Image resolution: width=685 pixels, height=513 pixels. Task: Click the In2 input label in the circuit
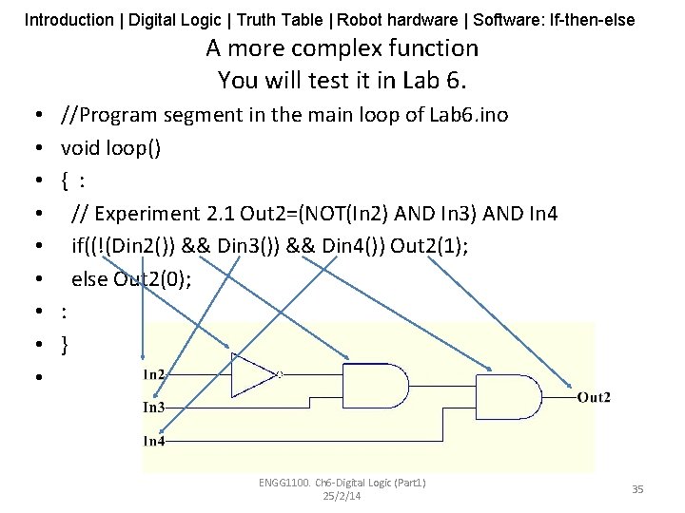point(154,374)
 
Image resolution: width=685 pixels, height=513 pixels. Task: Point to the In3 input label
point(154,408)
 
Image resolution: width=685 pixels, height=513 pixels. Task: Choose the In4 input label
point(154,441)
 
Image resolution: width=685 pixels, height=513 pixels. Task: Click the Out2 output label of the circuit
point(594,397)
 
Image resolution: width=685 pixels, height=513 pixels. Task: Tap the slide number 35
point(637,488)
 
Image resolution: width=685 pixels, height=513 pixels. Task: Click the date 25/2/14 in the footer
point(342,496)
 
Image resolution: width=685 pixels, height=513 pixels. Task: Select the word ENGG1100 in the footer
point(283,483)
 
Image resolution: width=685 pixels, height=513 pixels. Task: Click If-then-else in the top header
point(593,19)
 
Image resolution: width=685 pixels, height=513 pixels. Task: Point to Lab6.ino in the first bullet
point(467,115)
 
